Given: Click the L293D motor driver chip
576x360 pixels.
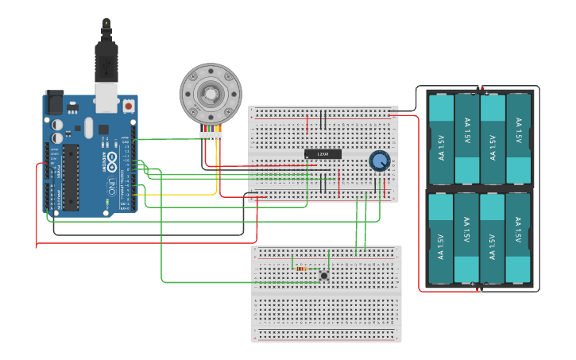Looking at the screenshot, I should point(323,153).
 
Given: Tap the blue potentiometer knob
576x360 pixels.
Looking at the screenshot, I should point(380,161).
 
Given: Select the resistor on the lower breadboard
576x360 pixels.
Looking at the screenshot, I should point(301,269).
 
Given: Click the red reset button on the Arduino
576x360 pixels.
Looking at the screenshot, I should point(128,105).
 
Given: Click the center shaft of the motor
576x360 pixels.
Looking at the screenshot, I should point(210,95).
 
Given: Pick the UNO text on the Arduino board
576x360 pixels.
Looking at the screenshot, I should point(111,184).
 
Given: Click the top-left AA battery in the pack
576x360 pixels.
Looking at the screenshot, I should point(441,138).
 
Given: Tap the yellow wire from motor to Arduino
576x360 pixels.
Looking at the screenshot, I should point(216,171).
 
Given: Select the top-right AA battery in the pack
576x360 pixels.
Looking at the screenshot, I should point(518,138).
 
